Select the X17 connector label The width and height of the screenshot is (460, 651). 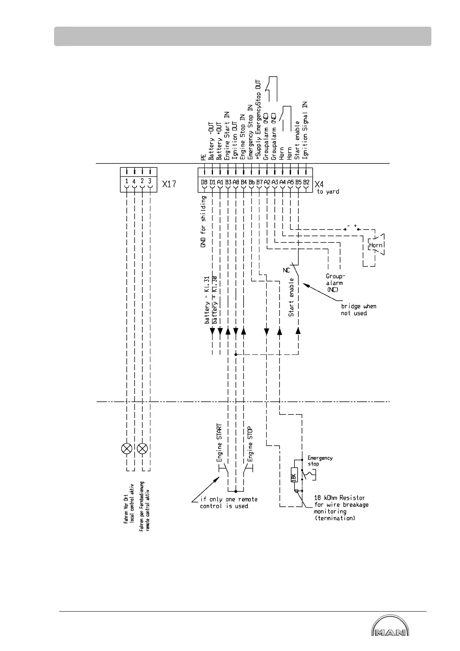coord(169,184)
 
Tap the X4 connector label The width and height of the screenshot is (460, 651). coord(319,184)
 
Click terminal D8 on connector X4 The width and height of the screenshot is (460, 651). coord(204,182)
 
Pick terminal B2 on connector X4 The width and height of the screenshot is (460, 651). coord(306,182)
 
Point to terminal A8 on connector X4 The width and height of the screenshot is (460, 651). coord(236,182)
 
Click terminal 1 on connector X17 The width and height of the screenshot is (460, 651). coord(127,181)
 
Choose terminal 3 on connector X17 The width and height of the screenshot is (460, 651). coord(150,181)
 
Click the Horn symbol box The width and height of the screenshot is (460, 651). coord(375,245)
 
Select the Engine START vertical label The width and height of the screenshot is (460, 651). coord(220,443)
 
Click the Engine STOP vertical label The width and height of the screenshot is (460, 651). coord(250,444)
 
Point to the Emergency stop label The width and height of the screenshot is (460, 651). coord(320,461)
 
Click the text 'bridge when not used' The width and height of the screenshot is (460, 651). coord(358,310)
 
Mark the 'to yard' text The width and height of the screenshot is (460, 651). coord(328,192)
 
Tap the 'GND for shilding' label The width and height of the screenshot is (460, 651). coord(203,221)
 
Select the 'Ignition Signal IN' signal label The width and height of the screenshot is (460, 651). coord(305,130)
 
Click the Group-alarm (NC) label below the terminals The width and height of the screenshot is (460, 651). coord(334,283)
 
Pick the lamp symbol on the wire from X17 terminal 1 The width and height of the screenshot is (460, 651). coord(127,448)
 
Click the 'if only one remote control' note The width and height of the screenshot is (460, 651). coord(228,503)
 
